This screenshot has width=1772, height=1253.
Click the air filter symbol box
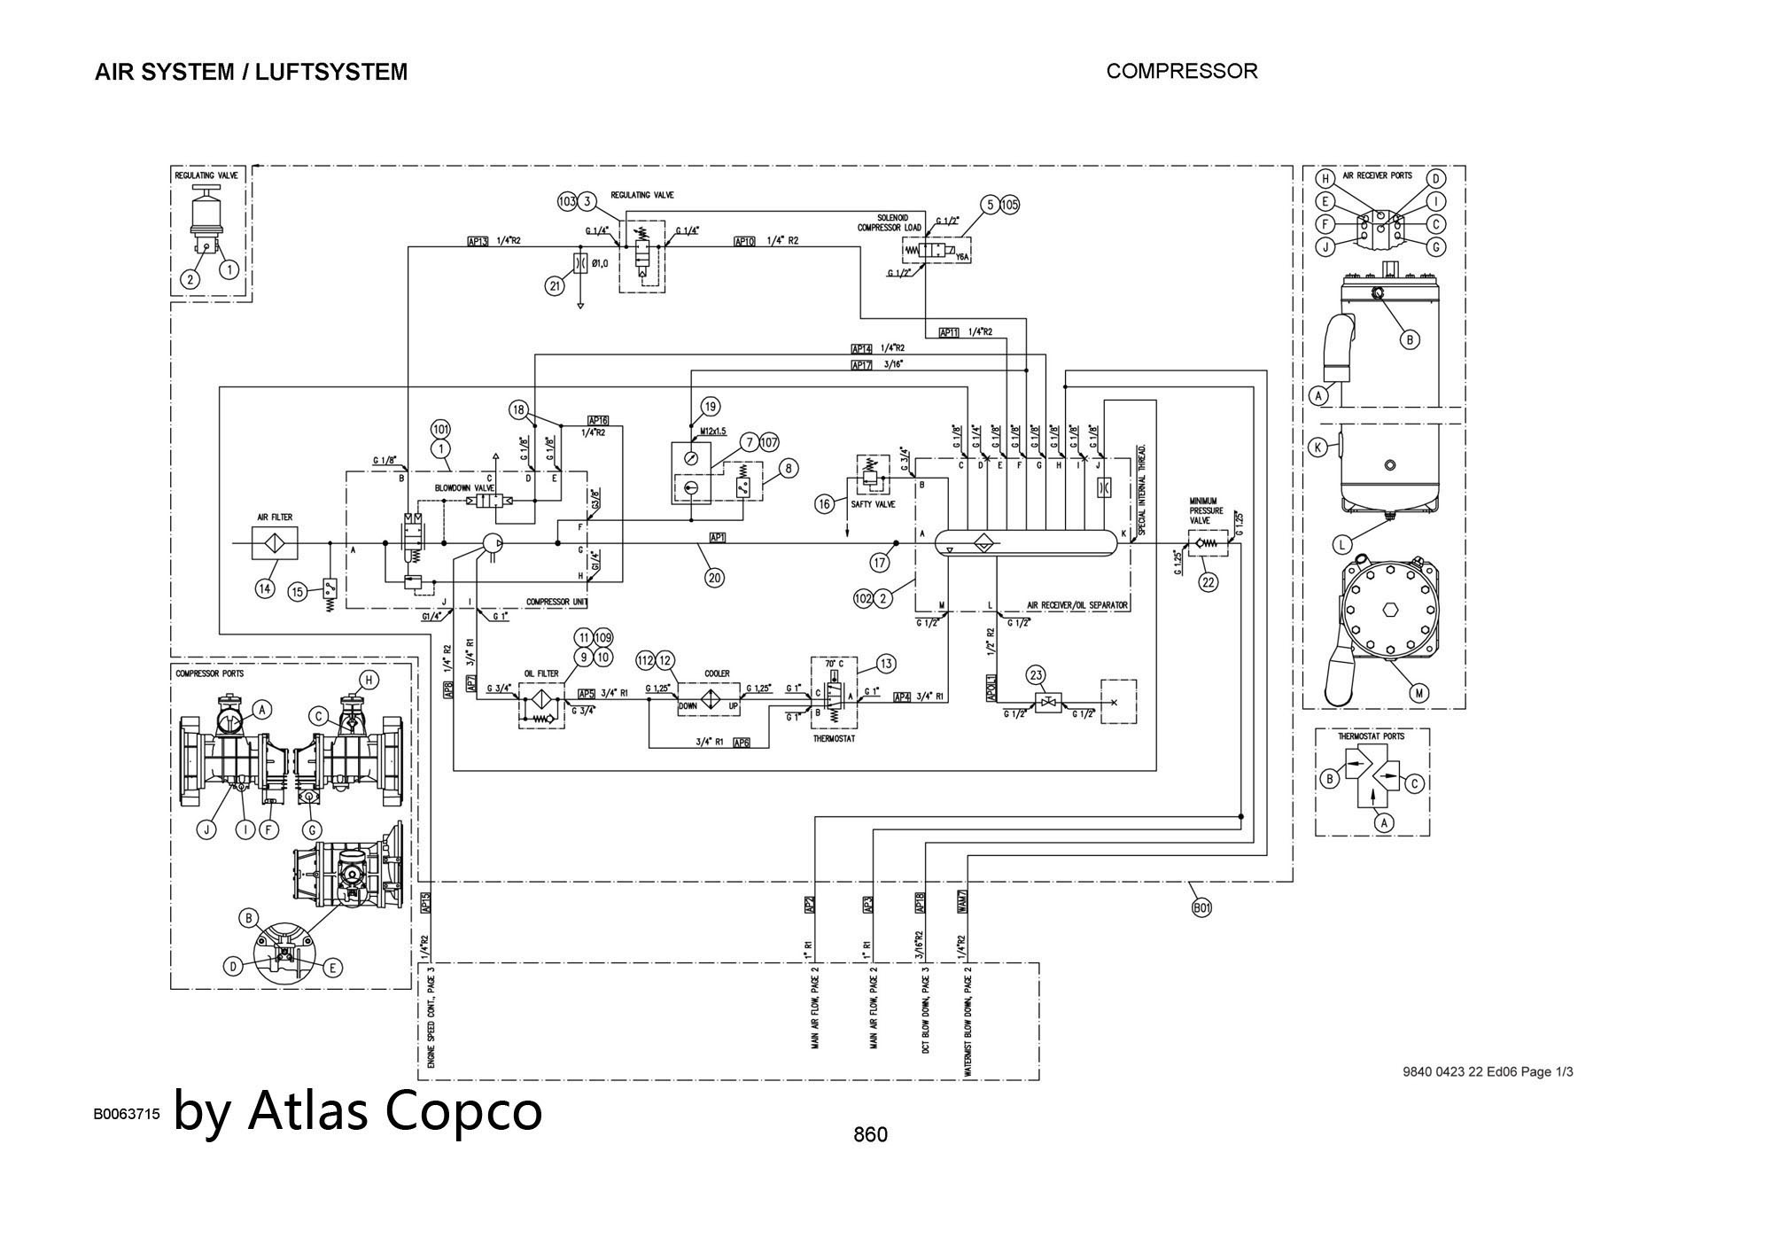click(275, 542)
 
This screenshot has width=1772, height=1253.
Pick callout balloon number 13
click(885, 663)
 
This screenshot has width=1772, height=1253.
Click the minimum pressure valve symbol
click(1208, 543)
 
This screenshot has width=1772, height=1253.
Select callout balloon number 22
click(1208, 582)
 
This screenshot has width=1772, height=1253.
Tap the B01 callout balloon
click(1201, 907)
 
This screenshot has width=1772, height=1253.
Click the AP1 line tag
click(718, 537)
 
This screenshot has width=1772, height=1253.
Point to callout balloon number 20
click(714, 577)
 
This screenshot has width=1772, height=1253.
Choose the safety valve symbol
click(871, 476)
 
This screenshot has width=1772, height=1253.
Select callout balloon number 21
click(556, 285)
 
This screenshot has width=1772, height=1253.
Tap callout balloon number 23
click(1037, 675)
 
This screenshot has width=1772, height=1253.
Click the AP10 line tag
click(744, 241)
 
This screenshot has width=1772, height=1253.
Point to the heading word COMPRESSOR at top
click(1181, 71)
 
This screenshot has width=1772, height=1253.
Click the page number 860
click(870, 1134)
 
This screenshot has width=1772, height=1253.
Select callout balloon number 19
click(711, 407)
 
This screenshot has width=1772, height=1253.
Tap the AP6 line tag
click(742, 743)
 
